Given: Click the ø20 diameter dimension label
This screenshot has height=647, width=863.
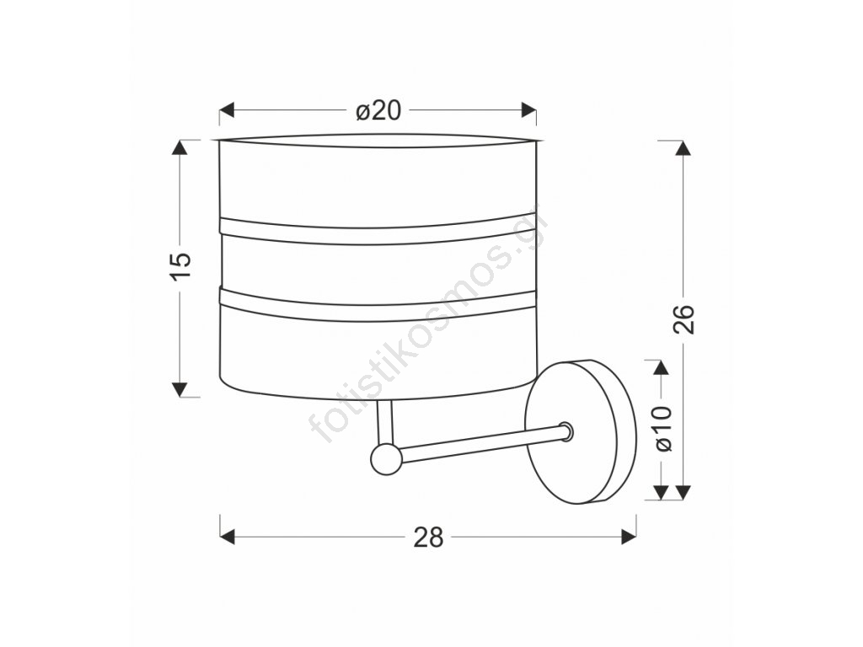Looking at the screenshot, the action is click(x=378, y=111).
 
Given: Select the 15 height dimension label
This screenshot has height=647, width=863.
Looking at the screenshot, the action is click(x=180, y=267).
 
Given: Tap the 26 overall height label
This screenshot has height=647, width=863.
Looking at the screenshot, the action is click(x=684, y=319).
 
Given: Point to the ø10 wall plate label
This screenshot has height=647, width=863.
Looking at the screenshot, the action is click(x=664, y=429).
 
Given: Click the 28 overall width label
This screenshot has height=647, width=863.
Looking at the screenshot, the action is click(x=428, y=537).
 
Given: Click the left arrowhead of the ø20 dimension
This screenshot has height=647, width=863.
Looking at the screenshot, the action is click(x=228, y=110).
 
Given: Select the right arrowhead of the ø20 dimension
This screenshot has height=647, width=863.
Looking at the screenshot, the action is click(x=529, y=110).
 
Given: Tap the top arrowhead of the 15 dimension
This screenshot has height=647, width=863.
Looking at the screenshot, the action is click(x=180, y=147).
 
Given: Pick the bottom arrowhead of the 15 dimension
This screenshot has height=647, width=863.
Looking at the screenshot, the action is click(x=180, y=389).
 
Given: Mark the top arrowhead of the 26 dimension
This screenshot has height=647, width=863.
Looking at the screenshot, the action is click(x=683, y=148).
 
